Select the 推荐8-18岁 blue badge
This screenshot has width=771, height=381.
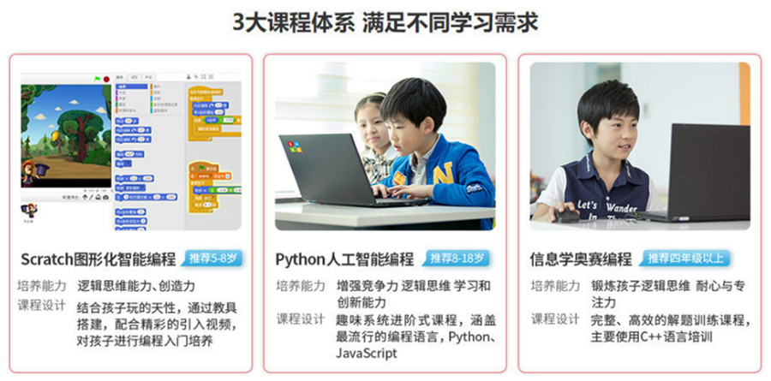(457, 258)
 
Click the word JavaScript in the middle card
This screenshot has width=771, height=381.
(367, 353)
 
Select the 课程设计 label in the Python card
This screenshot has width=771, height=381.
(301, 318)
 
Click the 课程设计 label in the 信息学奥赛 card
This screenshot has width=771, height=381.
(555, 318)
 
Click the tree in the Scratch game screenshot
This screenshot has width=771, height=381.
(75, 128)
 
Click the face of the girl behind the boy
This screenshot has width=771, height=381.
(370, 125)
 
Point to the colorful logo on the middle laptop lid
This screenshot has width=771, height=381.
(295, 146)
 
